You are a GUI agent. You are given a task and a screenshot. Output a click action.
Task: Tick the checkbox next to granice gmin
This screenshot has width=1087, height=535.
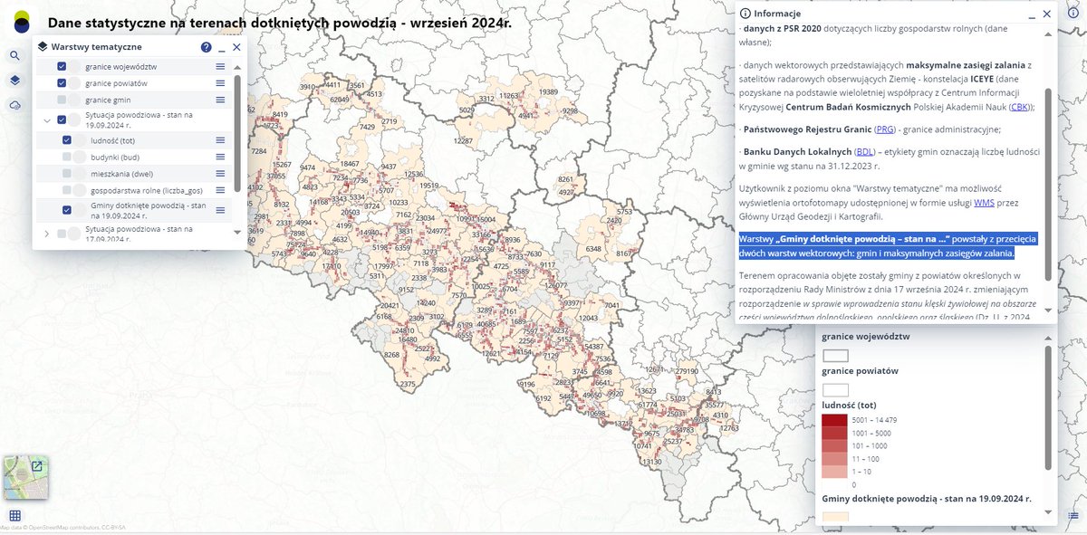[x=62, y=100]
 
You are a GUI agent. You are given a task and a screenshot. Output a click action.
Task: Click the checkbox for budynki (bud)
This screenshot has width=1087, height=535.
[x=67, y=157]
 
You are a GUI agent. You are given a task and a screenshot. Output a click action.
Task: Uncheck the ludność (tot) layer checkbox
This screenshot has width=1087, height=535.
[x=67, y=140]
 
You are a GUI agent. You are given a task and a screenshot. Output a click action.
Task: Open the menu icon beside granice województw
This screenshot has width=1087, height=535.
[x=220, y=67]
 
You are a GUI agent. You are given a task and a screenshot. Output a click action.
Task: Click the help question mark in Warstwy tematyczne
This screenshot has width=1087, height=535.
[x=206, y=47]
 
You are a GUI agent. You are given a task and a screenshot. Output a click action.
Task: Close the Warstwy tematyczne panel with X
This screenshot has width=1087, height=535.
[x=236, y=47]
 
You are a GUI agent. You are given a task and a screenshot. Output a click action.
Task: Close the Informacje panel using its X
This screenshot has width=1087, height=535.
[x=1046, y=14]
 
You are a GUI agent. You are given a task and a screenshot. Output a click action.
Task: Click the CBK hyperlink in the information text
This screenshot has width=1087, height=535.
[x=1017, y=107]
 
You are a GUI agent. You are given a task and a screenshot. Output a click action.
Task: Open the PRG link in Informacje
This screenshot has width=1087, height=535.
[x=885, y=129]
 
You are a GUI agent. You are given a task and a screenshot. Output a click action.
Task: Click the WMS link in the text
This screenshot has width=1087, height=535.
[x=983, y=203]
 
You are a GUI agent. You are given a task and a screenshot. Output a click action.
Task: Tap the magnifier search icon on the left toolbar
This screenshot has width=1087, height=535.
[x=15, y=55]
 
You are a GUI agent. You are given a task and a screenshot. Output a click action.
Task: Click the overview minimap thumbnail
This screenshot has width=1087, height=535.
[x=25, y=478]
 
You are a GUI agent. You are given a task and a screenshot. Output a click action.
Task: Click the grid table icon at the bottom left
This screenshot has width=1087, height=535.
[x=15, y=516]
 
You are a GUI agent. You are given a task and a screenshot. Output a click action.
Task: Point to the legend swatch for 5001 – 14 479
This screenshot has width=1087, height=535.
[x=834, y=421]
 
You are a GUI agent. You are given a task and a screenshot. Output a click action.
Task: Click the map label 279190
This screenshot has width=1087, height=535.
[x=687, y=371]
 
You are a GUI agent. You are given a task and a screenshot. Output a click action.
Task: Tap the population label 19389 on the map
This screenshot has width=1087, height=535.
[x=548, y=92]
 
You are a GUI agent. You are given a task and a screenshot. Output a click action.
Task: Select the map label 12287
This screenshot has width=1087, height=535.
[x=463, y=141]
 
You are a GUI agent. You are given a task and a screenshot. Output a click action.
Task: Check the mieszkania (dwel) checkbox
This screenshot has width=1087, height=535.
[x=67, y=174]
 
